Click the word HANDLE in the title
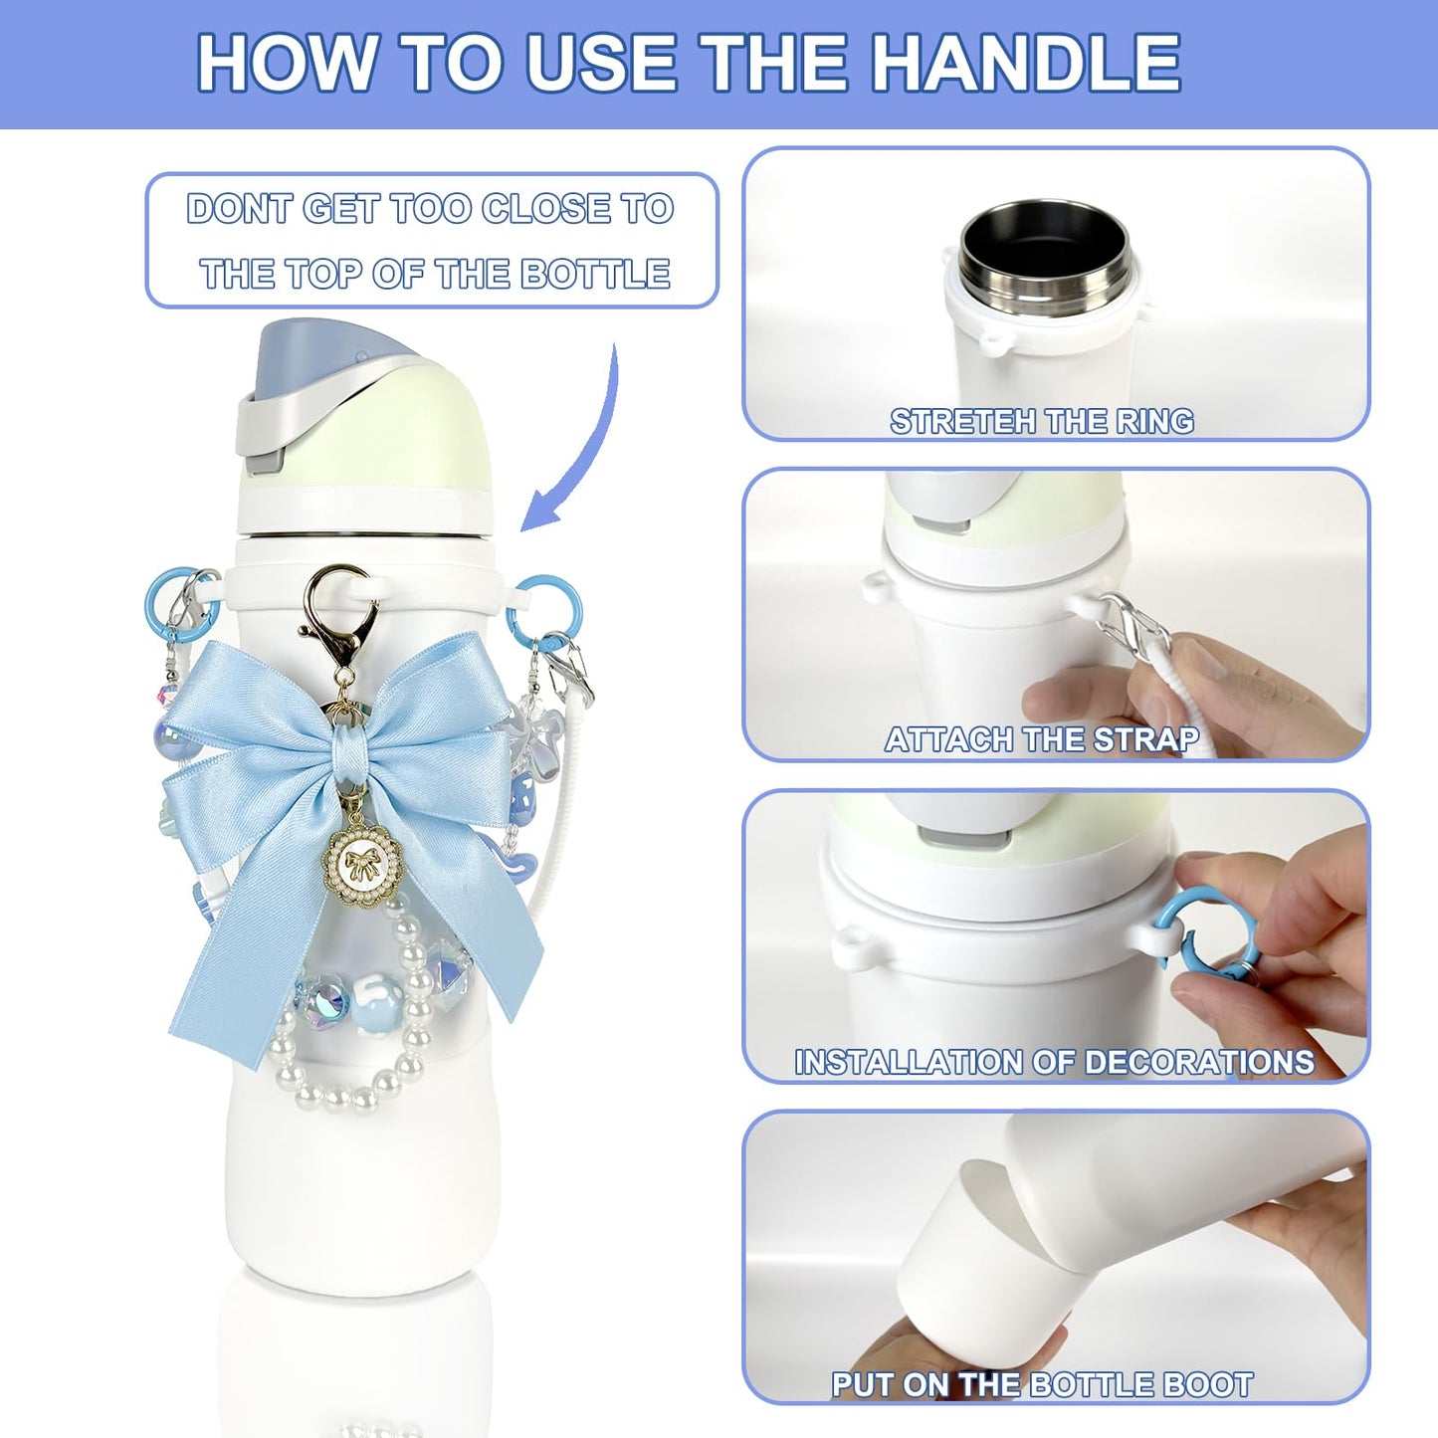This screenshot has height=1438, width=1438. (x=1027, y=63)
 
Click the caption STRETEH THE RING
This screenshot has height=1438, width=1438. (x=1041, y=422)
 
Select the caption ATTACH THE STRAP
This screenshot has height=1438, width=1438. (x=1041, y=739)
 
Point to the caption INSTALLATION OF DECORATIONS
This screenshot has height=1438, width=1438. (x=1053, y=1062)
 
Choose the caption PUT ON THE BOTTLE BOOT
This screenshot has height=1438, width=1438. (x=1041, y=1384)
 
